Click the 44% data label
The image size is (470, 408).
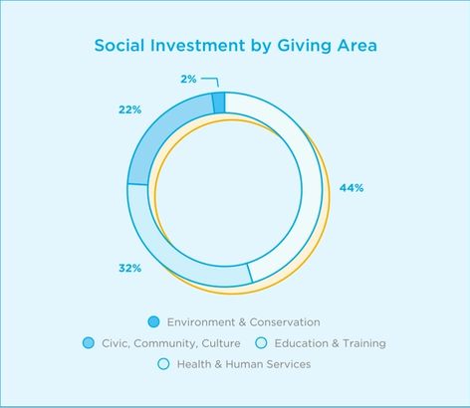coord(352,188)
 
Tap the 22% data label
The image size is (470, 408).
coord(130,109)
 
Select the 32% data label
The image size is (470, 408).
coord(130,268)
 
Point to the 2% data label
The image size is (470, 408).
coord(188,79)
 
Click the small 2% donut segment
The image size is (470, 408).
coord(218,102)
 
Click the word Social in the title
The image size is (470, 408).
coord(119,46)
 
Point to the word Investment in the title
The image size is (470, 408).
coord(197,46)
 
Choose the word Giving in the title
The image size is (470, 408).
coord(304,47)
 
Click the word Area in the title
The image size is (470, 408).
coord(357,46)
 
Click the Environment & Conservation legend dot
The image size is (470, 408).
coord(153,321)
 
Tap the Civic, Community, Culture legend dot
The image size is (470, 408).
coord(89,342)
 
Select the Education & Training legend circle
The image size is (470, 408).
coord(262,342)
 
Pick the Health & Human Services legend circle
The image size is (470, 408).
coord(163,364)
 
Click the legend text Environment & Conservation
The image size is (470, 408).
coord(244,322)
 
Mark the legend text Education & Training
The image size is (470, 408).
coord(331,343)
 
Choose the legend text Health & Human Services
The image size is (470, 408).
coord(244,364)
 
